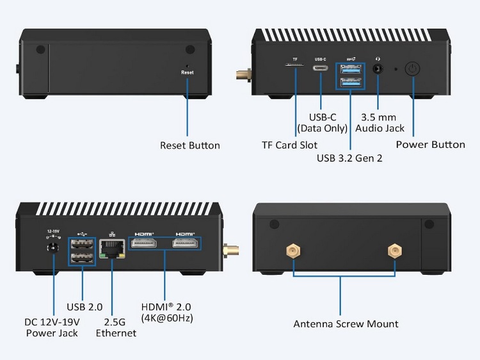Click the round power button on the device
pyautogui.click(x=412, y=69)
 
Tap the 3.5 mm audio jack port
pyautogui.click(x=377, y=69)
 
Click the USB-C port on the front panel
pyautogui.click(x=321, y=69)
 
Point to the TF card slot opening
pyautogui.click(x=295, y=65)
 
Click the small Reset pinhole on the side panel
pyautogui.click(x=187, y=65)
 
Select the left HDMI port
pyautogui.click(x=145, y=244)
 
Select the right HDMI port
pyautogui.click(x=185, y=244)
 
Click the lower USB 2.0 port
pyautogui.click(x=83, y=258)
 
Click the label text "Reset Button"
pyautogui.click(x=189, y=145)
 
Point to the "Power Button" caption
pyautogui.click(x=430, y=144)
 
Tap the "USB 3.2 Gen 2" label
pyautogui.click(x=349, y=157)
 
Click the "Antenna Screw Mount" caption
pyautogui.click(x=346, y=323)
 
